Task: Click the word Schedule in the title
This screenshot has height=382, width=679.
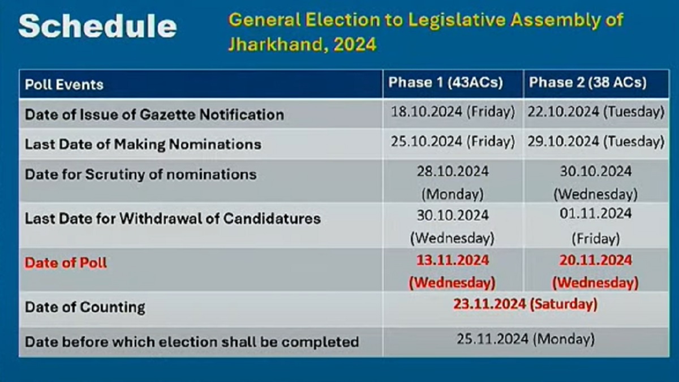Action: point(97,26)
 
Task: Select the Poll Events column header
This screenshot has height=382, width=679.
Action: point(65,84)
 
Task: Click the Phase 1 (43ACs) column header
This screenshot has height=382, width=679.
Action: point(446,83)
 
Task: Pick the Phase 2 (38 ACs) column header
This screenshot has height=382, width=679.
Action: point(588,83)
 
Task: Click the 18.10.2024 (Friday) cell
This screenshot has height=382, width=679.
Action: point(453,112)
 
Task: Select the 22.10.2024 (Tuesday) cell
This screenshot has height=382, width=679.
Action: point(596,112)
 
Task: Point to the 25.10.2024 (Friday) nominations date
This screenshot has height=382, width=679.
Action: point(453,141)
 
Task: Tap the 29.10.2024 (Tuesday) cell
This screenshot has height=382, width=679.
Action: point(596,141)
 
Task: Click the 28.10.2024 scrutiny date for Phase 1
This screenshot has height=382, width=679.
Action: point(453,171)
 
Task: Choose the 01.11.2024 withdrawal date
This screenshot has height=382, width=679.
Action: point(596,214)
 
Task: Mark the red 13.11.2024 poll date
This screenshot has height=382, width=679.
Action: point(453,260)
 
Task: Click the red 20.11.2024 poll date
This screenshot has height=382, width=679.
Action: point(596,260)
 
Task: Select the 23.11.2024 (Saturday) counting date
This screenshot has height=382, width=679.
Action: point(525,304)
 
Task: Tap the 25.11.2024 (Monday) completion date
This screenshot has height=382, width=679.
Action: point(526,339)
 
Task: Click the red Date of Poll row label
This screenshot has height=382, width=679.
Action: point(66,263)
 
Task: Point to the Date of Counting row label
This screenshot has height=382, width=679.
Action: point(85,307)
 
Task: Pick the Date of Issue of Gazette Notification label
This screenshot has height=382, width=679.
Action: point(154,114)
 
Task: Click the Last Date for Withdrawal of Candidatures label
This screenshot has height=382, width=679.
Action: point(173,218)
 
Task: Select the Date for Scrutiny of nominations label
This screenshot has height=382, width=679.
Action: point(141,175)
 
